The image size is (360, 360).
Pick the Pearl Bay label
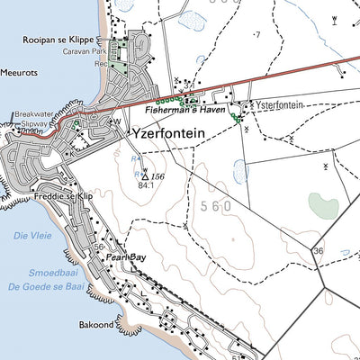click(125, 257)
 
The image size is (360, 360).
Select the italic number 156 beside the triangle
click(158, 176)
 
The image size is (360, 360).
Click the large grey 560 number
click(211, 206)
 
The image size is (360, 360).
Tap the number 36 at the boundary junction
click(318, 250)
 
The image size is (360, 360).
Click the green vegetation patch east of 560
click(323, 205)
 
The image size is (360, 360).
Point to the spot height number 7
click(257, 34)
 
